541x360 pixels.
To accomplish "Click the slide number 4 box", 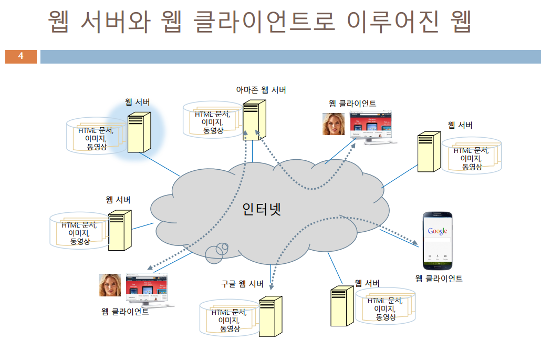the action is (20, 56).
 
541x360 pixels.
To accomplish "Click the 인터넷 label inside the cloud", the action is (262, 209).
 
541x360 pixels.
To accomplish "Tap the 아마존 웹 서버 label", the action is (261, 90).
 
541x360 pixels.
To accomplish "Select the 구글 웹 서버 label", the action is (242, 284).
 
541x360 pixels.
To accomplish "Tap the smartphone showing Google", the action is (438, 240).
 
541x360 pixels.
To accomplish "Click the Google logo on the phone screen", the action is (438, 231).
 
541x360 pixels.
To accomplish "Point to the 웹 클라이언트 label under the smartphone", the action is (439, 279).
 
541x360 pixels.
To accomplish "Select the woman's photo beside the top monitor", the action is (334, 125).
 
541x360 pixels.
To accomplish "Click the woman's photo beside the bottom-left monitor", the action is (110, 285).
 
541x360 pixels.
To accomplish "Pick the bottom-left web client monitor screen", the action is (147, 287).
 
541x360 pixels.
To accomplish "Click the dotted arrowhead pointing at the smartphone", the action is (416, 244).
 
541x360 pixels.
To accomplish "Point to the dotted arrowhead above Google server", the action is (272, 287).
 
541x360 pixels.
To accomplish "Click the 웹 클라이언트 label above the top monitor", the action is (352, 103).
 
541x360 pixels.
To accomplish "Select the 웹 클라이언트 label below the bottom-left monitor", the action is (125, 312).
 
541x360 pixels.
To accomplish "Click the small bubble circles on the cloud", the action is (217, 252).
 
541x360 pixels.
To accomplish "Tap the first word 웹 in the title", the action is (60, 23).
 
